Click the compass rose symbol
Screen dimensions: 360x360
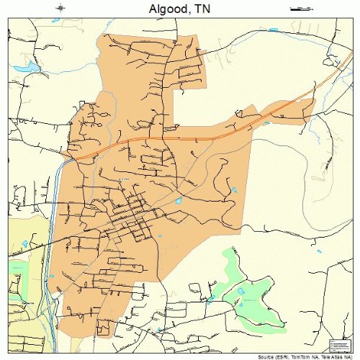[x=61, y=9]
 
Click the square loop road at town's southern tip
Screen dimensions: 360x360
[x=104, y=331]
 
